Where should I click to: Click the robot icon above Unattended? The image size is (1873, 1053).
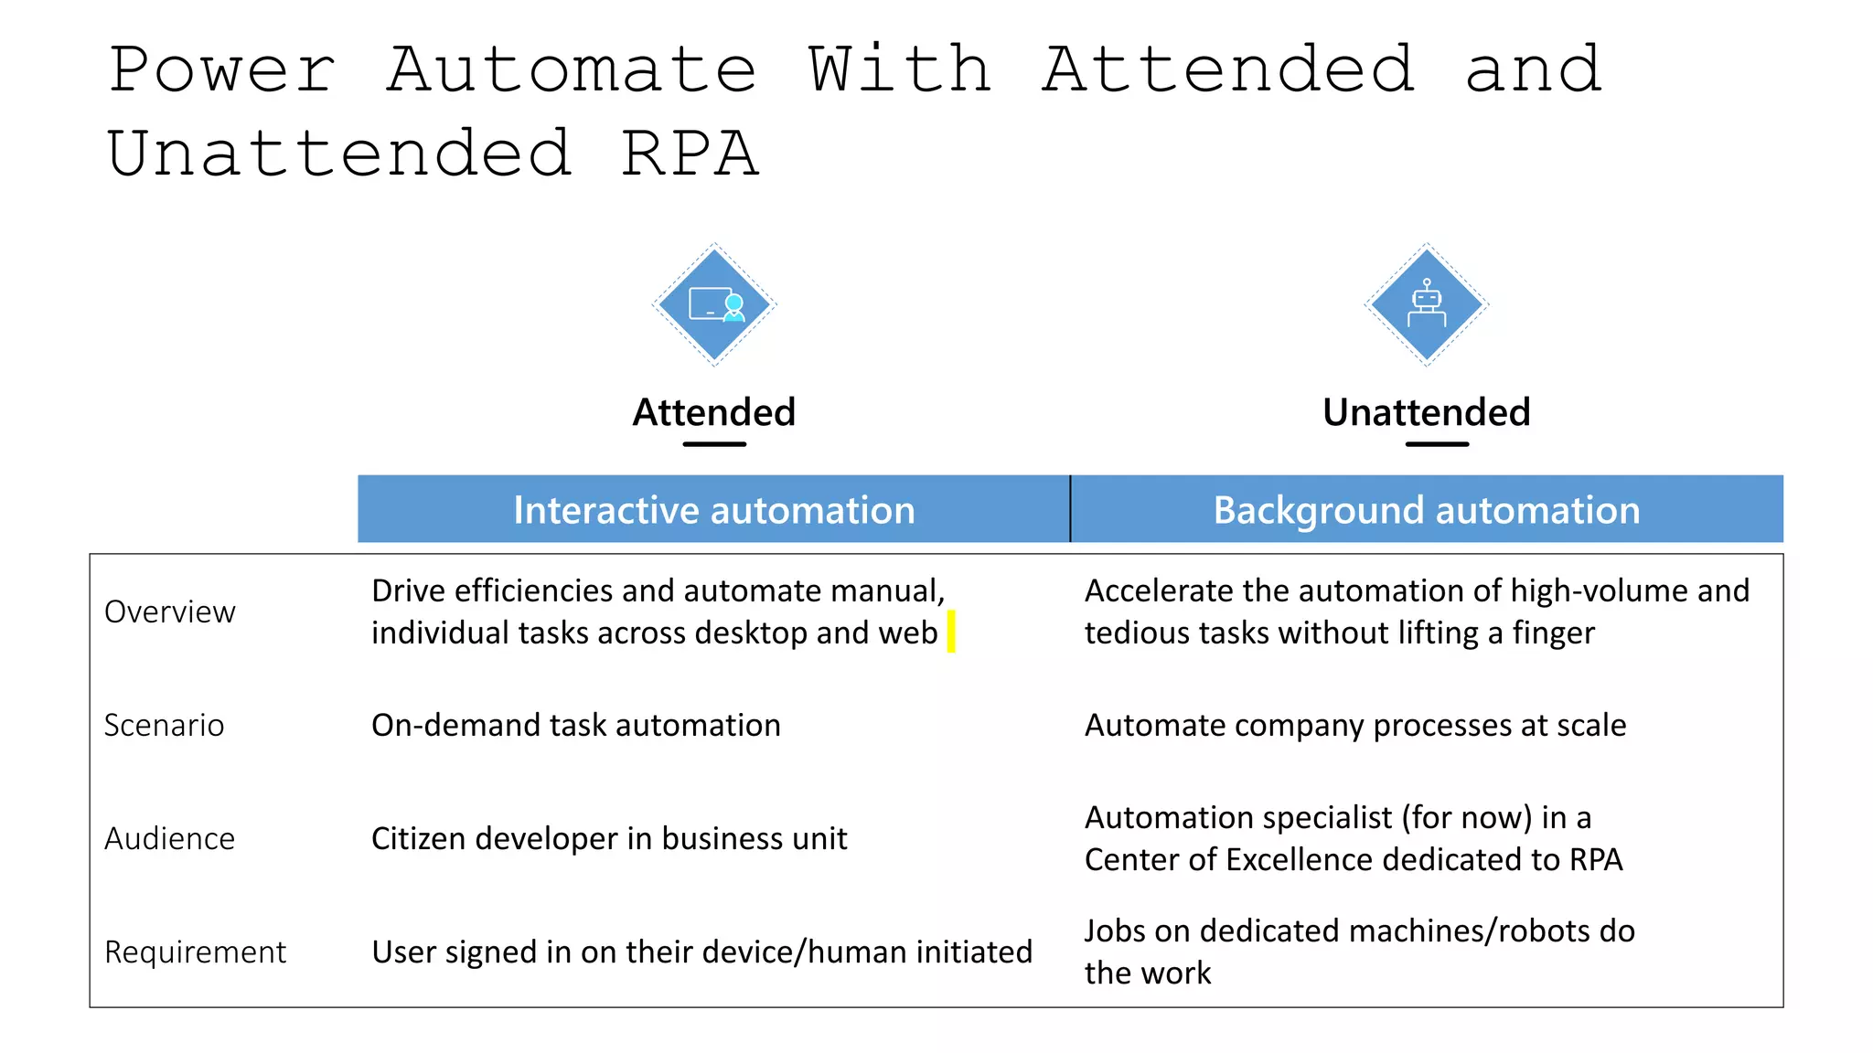1427,304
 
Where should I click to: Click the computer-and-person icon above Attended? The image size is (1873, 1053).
714,304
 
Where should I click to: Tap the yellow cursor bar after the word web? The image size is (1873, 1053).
951,632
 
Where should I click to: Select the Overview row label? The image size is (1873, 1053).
170,612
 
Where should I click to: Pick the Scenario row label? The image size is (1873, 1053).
165,725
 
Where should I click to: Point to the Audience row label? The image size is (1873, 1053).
170,838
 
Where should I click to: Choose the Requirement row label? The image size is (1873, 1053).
196,952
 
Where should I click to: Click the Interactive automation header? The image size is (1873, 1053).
713,509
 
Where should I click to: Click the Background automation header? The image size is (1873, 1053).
1427,509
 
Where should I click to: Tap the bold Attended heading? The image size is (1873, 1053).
714,412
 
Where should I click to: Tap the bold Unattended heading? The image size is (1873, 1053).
1427,412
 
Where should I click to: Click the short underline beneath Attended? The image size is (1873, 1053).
714,444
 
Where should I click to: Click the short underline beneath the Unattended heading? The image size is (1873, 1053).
1437,444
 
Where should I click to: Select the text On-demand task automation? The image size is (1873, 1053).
576,725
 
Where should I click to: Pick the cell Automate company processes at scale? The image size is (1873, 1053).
1355,725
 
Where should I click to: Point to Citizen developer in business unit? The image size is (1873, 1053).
609,838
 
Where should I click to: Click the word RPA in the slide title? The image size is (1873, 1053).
690,154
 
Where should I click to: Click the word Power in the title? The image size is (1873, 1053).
222,69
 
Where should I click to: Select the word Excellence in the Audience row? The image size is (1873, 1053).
1300,859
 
